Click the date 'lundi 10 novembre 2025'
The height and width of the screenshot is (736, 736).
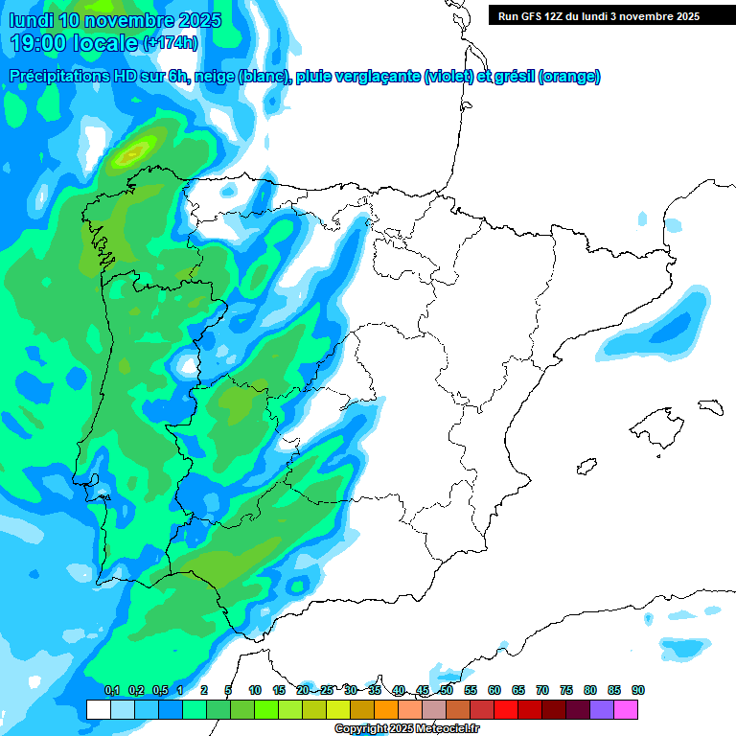115,20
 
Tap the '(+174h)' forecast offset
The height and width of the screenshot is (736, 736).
171,43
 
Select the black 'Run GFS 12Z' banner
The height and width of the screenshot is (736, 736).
599,16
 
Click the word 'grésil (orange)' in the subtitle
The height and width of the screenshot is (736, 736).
542,77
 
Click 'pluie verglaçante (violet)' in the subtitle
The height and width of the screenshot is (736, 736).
383,77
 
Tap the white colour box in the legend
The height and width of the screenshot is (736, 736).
98,709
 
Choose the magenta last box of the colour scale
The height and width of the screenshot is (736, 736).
626,709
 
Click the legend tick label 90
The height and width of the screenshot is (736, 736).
638,690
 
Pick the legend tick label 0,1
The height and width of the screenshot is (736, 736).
111,690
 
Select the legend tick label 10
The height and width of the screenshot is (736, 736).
255,690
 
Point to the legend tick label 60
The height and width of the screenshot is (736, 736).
494,690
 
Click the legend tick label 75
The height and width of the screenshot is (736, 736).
566,690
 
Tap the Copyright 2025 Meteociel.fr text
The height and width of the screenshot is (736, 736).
406,729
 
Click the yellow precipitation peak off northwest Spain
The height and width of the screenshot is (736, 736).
133,150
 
